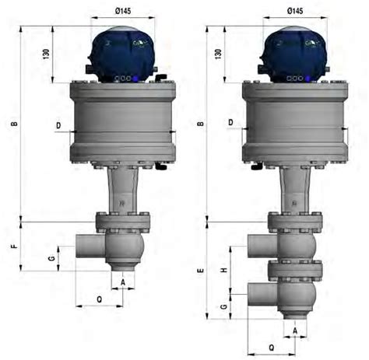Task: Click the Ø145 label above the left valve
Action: [x=123, y=11]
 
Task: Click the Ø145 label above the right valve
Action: [x=295, y=11]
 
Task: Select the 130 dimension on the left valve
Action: [x=46, y=54]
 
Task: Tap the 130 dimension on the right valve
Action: [x=218, y=54]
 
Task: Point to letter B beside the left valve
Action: [x=15, y=124]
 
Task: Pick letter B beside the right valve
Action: [x=201, y=124]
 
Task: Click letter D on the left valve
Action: [x=58, y=125]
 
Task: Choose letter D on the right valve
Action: [x=230, y=122]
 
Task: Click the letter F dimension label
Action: [x=15, y=246]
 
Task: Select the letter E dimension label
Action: [x=201, y=271]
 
